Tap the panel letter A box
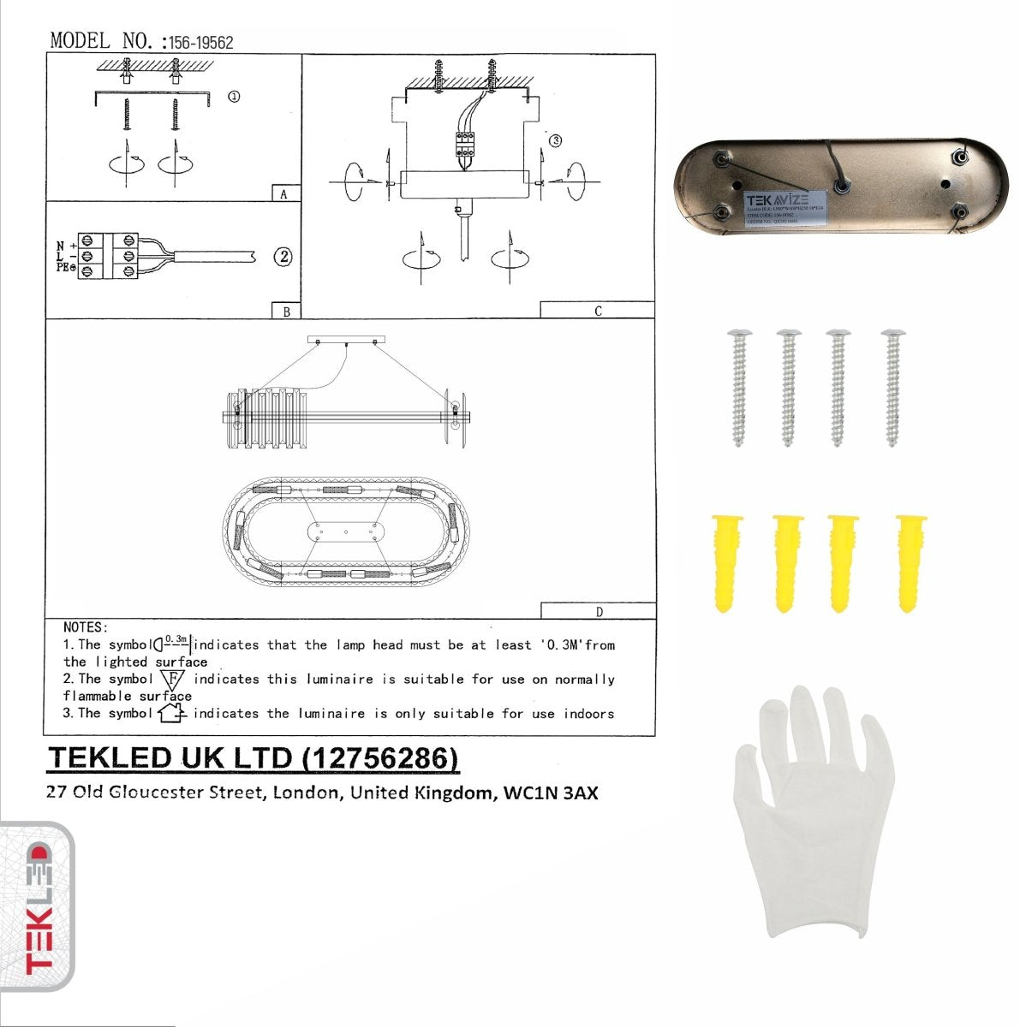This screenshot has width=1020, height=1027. point(284,194)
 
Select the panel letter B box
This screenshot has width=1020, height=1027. point(286,312)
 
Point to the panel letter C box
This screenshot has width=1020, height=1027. point(597,311)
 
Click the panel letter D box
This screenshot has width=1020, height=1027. point(598,611)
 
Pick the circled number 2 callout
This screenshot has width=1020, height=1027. point(283,256)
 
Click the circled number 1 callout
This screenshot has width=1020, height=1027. point(233,97)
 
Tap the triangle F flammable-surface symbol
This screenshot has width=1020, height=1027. point(172,680)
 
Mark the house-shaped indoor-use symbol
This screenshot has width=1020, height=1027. point(172,713)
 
